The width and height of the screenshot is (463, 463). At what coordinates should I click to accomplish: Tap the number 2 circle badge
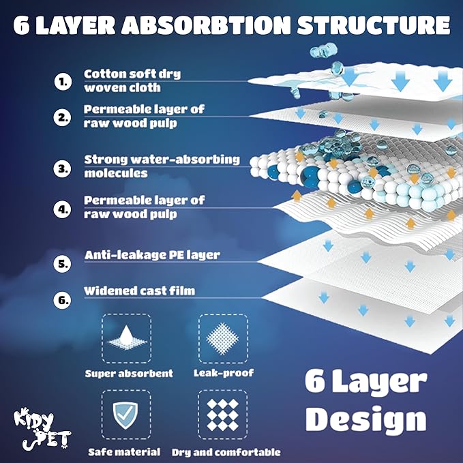click(x=63, y=117)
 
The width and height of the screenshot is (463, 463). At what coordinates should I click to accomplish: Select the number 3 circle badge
click(x=63, y=167)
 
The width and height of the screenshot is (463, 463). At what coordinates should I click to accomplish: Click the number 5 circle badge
click(x=63, y=263)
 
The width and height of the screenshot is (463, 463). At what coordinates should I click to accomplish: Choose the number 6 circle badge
click(x=63, y=298)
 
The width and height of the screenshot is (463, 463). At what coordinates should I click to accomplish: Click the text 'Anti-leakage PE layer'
click(x=151, y=255)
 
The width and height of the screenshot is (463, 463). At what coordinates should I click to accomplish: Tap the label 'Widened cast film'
click(x=139, y=290)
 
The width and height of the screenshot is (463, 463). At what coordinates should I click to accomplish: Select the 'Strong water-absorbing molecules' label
click(x=162, y=166)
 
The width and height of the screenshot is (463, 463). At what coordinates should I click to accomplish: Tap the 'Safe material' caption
click(x=124, y=451)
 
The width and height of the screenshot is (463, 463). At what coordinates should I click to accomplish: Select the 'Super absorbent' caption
click(x=129, y=374)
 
